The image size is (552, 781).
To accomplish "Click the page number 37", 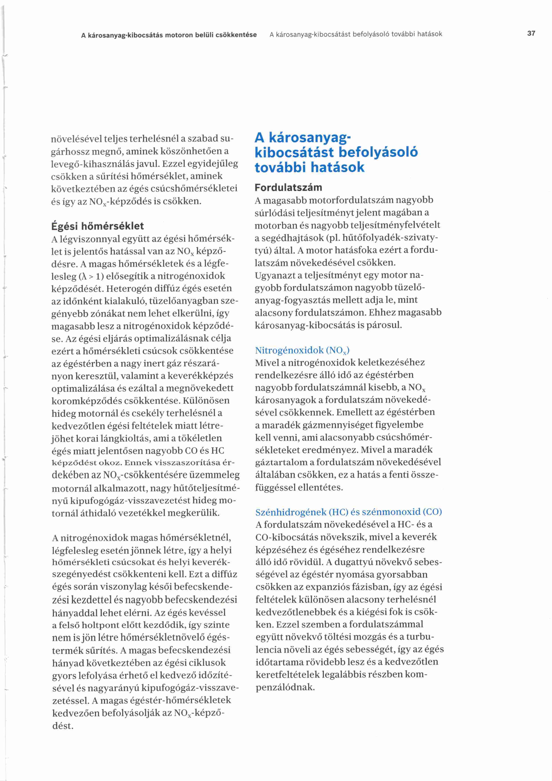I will pos(531,33).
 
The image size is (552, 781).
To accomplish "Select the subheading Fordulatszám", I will pos(288,188).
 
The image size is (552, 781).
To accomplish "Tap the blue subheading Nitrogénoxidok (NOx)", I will pos(302,350).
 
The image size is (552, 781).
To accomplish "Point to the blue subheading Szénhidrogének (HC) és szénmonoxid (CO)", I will pos(348,512).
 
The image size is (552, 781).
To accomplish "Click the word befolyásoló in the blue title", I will pos(378,152).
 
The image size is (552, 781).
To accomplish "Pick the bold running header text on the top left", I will pos(169,35).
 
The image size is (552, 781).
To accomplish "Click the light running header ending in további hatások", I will pos(355,34).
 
